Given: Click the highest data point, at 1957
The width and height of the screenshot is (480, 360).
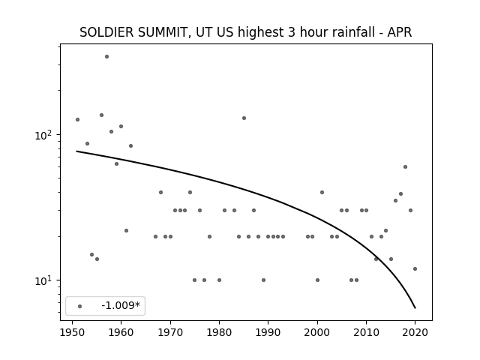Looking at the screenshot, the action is [x=106, y=57].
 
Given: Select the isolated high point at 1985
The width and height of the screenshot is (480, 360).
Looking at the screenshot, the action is [x=244, y=118].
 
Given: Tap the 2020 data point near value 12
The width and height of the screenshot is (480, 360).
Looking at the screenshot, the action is [x=415, y=268].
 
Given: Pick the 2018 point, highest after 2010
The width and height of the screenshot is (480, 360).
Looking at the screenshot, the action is [x=405, y=166].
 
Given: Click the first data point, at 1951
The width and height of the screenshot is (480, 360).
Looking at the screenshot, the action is [x=77, y=120].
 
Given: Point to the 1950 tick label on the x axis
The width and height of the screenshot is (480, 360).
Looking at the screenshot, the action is [x=72, y=332].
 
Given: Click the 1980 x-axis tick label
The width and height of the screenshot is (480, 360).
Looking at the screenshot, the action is [x=219, y=332].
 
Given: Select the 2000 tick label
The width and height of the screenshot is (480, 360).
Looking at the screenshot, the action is [x=317, y=332].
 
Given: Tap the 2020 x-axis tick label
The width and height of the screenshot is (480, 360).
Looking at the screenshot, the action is [x=415, y=332].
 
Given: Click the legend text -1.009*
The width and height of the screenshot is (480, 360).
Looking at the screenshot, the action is [x=121, y=305].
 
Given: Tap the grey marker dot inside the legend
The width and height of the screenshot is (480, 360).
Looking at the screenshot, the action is [x=80, y=306].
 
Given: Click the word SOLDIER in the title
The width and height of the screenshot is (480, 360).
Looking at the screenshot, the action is [x=106, y=32].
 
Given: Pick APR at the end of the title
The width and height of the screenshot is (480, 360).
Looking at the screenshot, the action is [x=400, y=32].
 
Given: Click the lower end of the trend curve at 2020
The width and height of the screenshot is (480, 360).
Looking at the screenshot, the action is [x=415, y=308].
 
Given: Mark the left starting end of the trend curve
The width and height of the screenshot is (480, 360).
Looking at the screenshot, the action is [x=76, y=151].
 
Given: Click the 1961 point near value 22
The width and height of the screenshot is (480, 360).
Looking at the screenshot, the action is [x=127, y=230].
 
